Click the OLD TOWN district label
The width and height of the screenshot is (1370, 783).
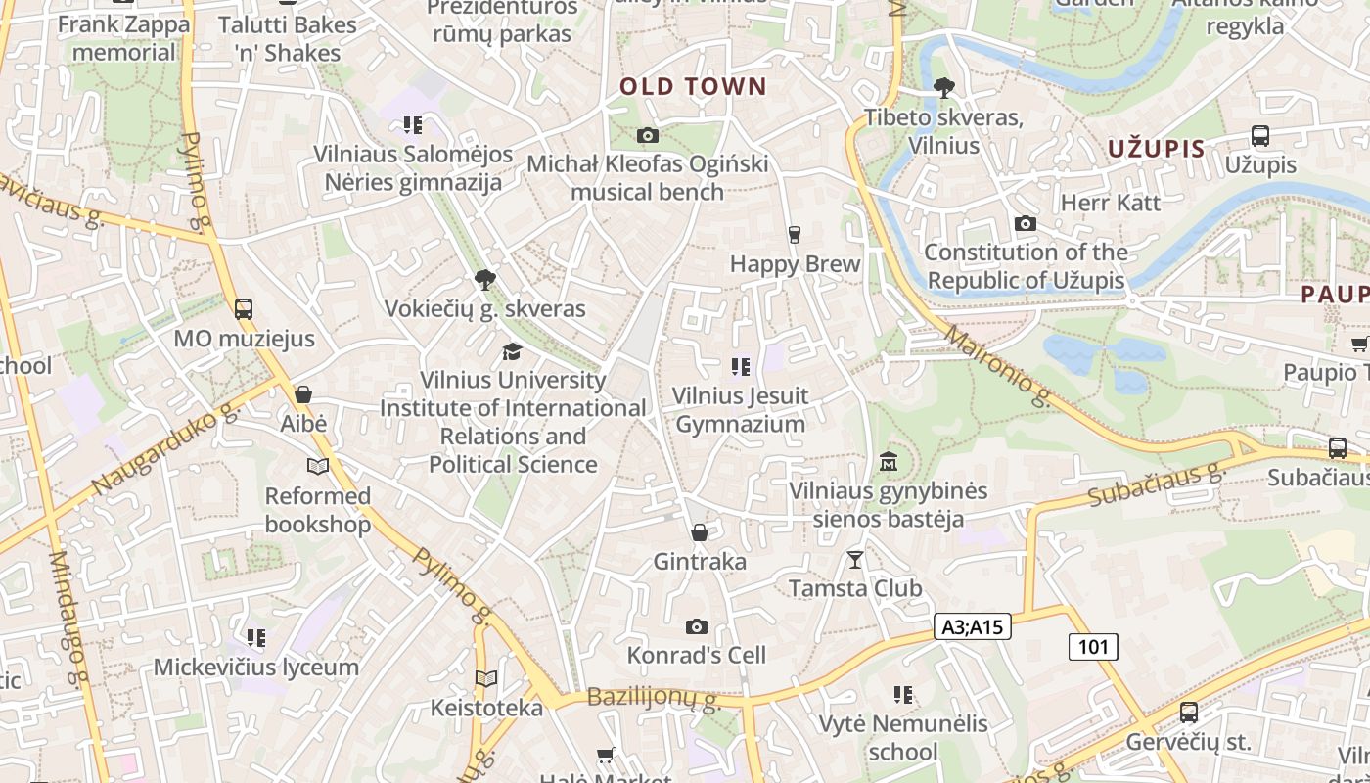[x=693, y=86]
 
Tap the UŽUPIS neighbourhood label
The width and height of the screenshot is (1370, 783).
[x=1156, y=149]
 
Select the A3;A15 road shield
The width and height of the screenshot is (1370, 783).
[x=972, y=626]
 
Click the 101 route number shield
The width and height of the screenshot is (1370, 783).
[x=1092, y=646]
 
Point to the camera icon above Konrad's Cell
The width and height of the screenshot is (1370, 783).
[x=696, y=626]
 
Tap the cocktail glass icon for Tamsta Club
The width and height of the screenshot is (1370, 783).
[x=855, y=559]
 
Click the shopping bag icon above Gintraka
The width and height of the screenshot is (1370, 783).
[x=699, y=532]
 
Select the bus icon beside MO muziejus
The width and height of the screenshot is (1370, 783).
[x=243, y=309]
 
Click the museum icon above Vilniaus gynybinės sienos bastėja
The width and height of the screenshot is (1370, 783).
[x=888, y=461]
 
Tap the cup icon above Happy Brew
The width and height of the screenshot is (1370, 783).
[x=794, y=235]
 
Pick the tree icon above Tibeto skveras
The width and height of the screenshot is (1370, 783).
[x=943, y=89]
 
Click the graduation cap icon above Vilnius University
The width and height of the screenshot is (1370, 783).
[x=512, y=350]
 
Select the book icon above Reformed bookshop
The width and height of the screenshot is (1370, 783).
[x=317, y=466]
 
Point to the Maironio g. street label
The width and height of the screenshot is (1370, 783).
[x=999, y=366]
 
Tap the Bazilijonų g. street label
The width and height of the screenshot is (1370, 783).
[x=654, y=699]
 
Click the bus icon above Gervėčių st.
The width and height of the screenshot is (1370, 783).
[x=1188, y=713]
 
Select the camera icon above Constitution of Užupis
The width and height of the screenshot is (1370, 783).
[x=1025, y=223]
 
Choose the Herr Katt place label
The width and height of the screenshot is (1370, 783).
[x=1111, y=203]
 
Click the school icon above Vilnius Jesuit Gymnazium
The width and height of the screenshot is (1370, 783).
[x=740, y=367]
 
